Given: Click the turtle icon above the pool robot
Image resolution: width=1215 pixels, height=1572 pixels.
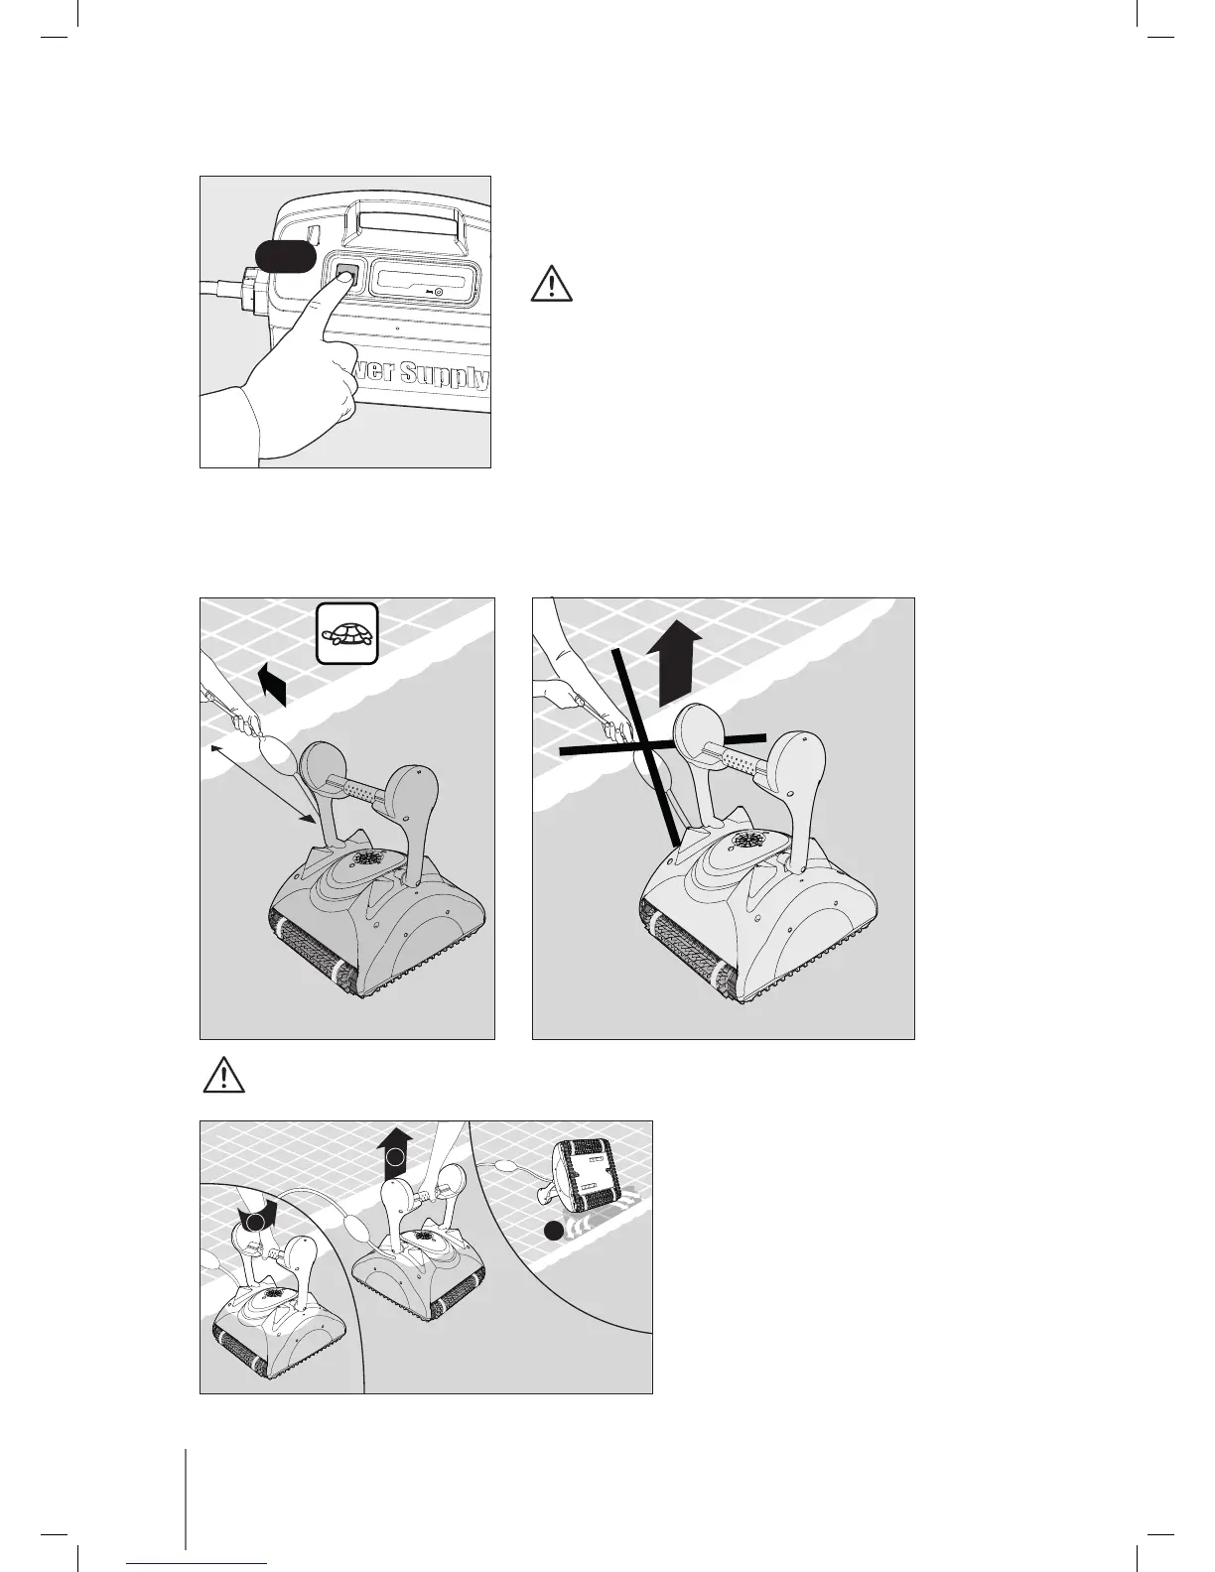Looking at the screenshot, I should coord(346,633).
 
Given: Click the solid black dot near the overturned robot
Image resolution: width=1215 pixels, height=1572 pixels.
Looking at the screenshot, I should coord(553,1232).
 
